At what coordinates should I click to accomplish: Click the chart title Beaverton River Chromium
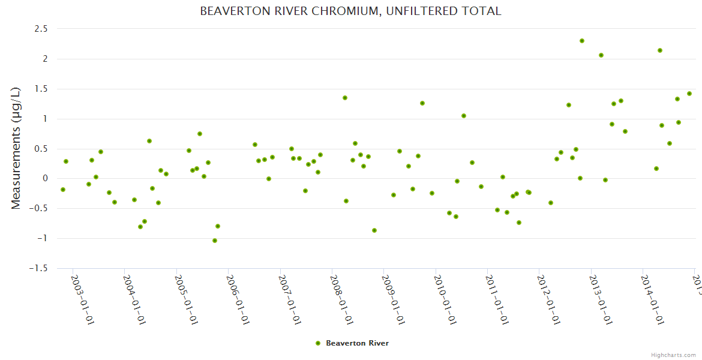(350, 11)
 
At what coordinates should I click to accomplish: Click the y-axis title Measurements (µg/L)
(16, 148)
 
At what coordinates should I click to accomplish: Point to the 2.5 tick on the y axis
(40, 29)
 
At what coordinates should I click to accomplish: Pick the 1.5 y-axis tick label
(40, 89)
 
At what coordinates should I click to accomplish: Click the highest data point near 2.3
(582, 41)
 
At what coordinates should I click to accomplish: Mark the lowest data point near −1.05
(215, 241)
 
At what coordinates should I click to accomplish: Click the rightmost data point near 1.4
(689, 94)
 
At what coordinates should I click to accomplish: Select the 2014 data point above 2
(660, 50)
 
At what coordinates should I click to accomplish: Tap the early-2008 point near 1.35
(345, 98)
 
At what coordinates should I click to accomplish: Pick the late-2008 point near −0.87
(374, 230)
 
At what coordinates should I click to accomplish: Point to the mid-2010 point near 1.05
(464, 116)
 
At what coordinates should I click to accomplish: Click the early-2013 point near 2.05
(601, 55)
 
